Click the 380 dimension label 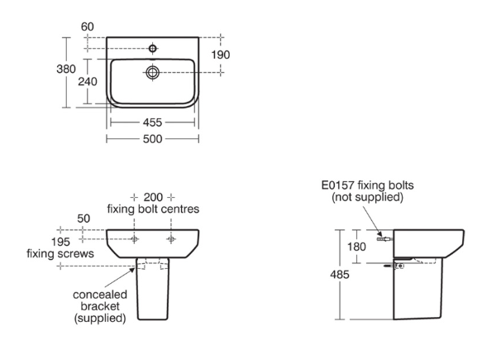tap(66, 69)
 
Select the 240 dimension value tap(88, 82)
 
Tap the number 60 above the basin tap(88, 26)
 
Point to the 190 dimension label tap(221, 55)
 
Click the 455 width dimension tap(152, 122)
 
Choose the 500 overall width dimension tap(152, 139)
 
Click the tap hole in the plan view tap(152, 48)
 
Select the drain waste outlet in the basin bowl tap(152, 72)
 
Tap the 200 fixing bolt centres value tap(153, 197)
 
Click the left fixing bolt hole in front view tap(134, 239)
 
